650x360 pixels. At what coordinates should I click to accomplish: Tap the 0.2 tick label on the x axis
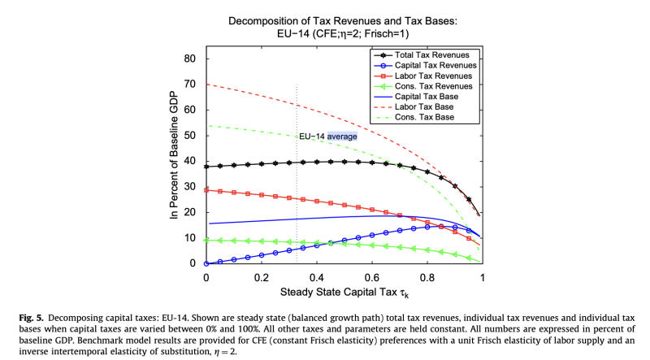pyautogui.click(x=262, y=276)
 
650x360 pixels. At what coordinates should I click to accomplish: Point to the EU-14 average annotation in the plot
pyautogui.click(x=328, y=137)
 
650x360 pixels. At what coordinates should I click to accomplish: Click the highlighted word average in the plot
pyautogui.click(x=342, y=137)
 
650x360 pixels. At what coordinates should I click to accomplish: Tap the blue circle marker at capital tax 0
pyautogui.click(x=206, y=263)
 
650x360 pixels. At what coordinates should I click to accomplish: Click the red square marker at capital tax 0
pyautogui.click(x=206, y=190)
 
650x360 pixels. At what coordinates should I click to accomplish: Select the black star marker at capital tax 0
pyautogui.click(x=206, y=167)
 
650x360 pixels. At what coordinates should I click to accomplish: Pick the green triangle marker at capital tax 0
pyautogui.click(x=206, y=240)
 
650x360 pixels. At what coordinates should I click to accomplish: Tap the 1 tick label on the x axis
pyautogui.click(x=483, y=276)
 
